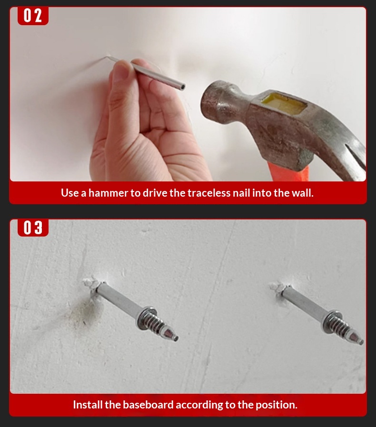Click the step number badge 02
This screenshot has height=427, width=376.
(x=33, y=16)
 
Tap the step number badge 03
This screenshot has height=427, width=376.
(x=33, y=228)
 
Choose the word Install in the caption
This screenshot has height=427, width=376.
(x=88, y=405)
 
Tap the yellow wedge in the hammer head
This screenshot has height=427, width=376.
(x=284, y=103)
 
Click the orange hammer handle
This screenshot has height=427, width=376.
(x=288, y=171)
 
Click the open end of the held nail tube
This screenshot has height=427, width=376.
(x=182, y=87)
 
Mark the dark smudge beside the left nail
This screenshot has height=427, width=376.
(x=82, y=313)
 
